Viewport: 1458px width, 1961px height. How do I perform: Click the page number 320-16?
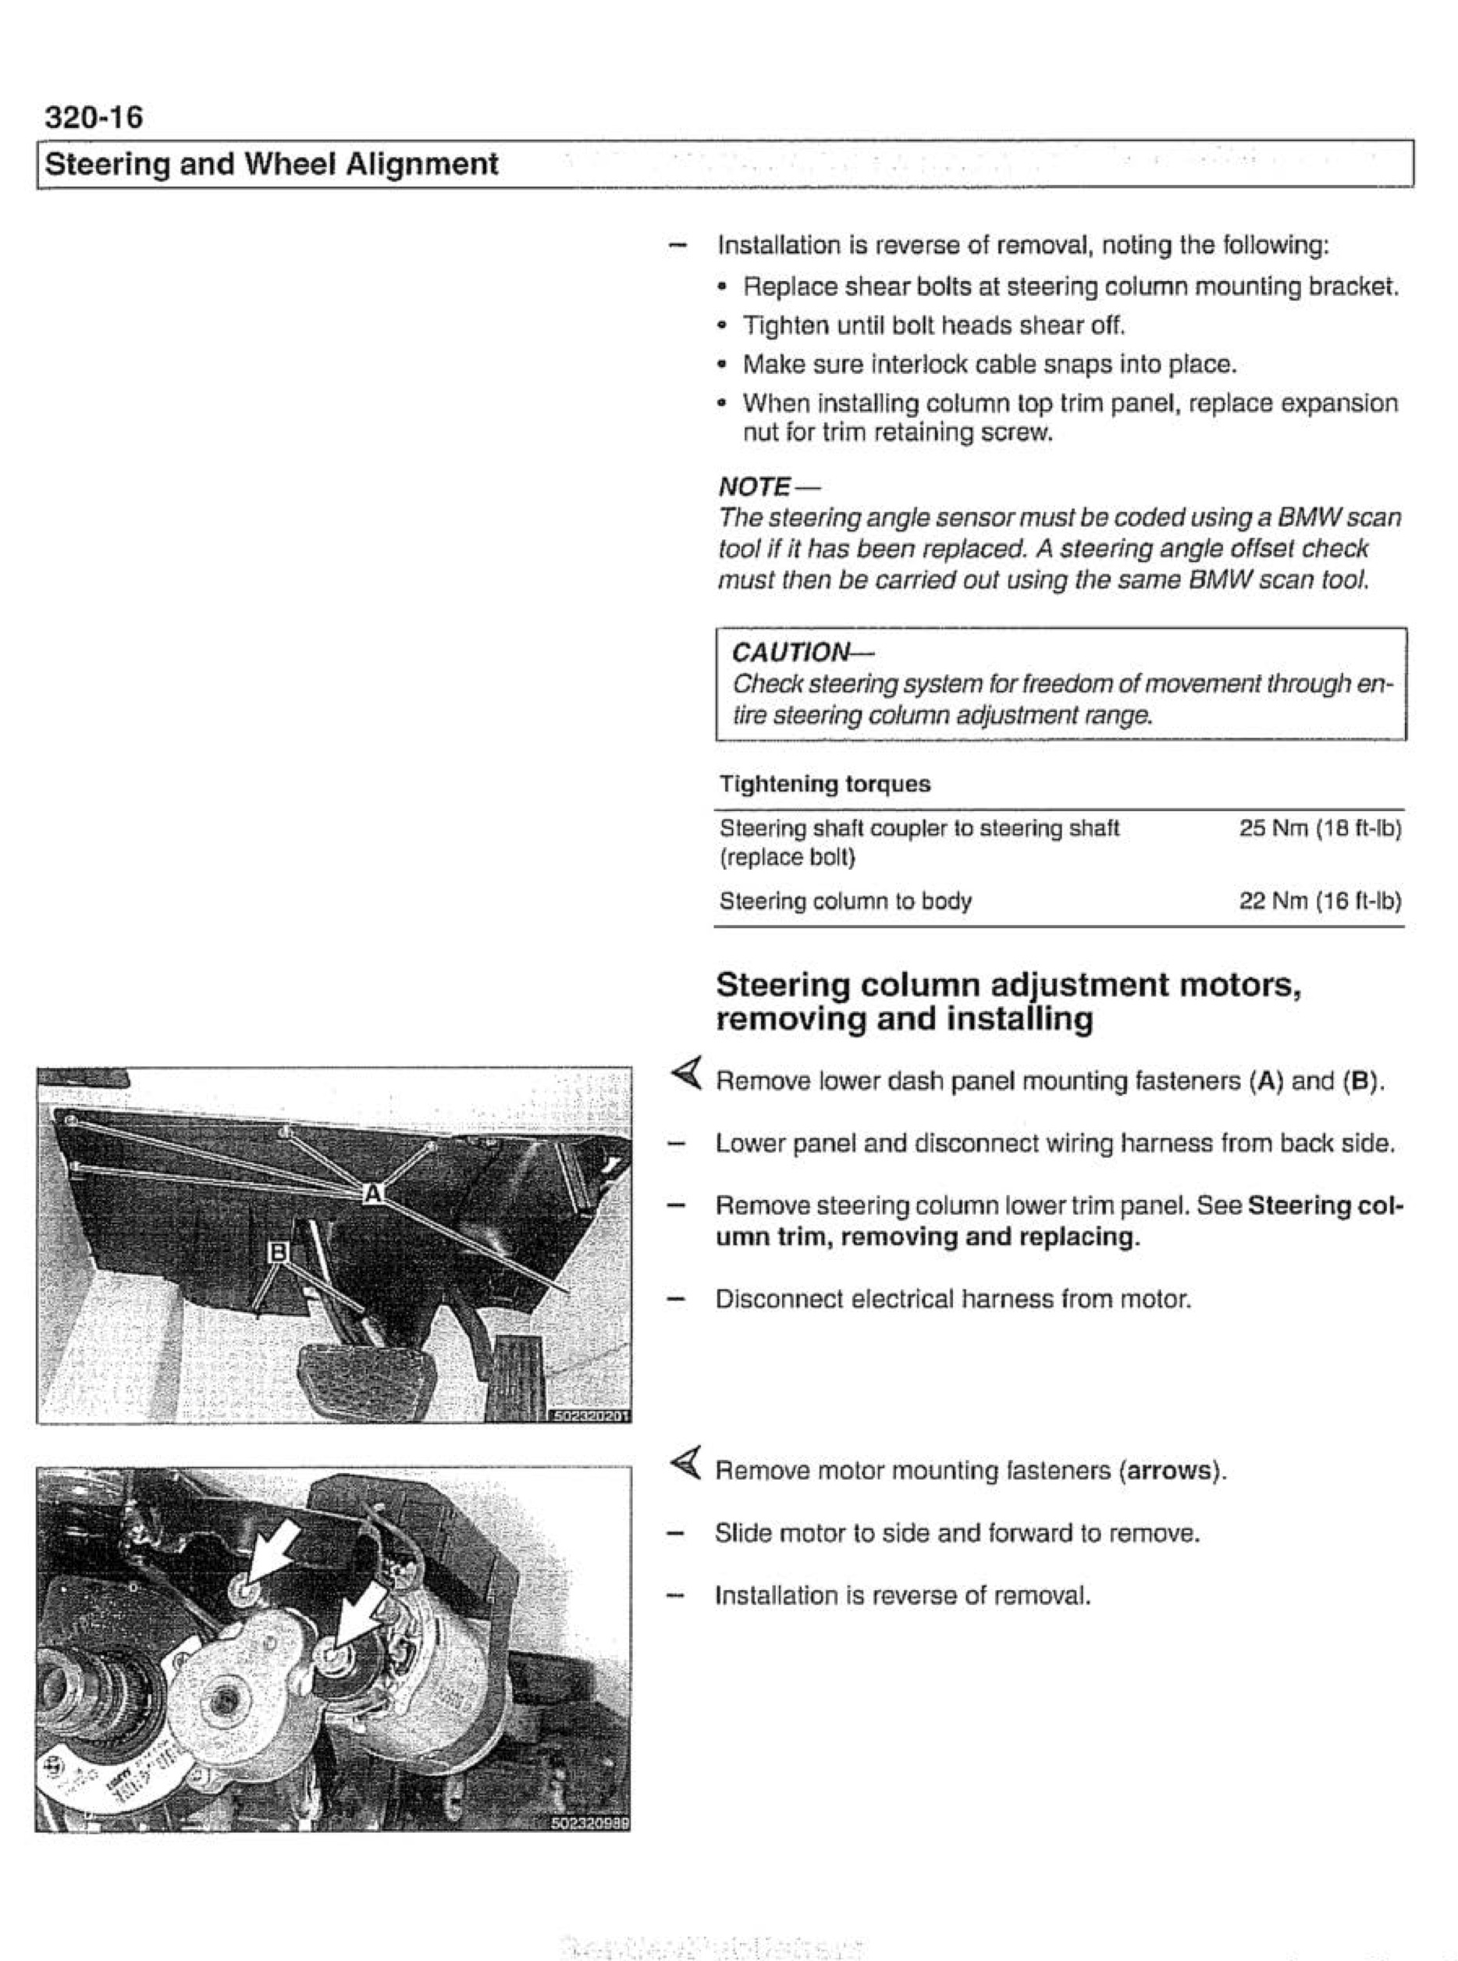pos(93,116)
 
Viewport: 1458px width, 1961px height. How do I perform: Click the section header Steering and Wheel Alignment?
pos(271,164)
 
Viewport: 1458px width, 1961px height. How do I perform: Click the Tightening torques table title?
pos(824,784)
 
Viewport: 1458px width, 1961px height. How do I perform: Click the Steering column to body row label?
pos(845,901)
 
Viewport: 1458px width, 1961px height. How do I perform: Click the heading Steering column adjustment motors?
pos(1008,984)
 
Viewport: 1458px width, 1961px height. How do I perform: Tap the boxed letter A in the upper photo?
pos(373,1193)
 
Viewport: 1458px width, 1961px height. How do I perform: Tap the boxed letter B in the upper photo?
pos(277,1251)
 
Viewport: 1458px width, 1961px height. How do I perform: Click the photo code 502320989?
pos(590,1824)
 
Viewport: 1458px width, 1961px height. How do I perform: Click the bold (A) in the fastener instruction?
pos(1267,1081)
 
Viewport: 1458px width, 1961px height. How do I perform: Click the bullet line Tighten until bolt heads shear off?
pos(933,326)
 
